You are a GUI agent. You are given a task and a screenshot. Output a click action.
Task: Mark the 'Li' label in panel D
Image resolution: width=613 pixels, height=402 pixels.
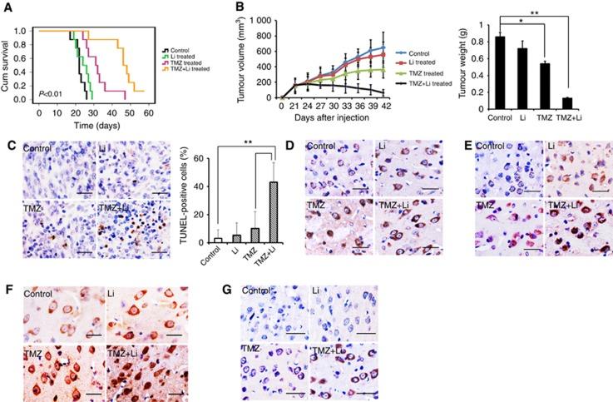point(380,146)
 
